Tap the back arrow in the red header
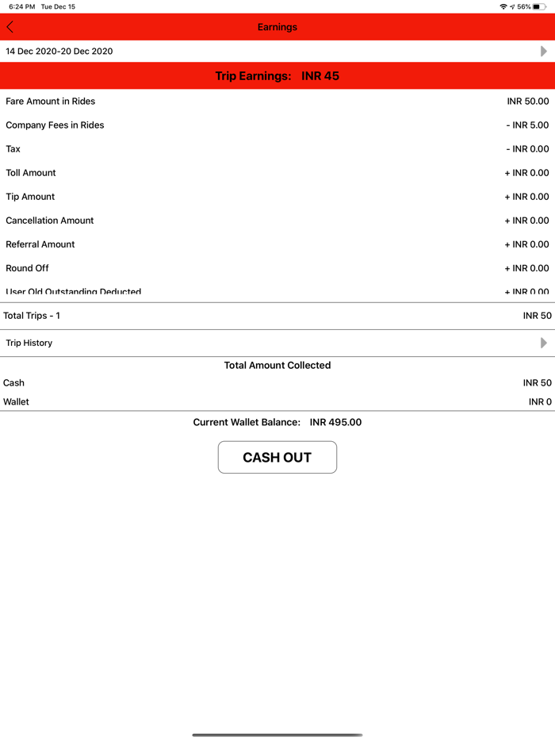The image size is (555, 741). click(x=10, y=27)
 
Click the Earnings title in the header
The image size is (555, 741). click(x=277, y=27)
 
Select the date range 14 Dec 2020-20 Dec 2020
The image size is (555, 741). click(x=59, y=51)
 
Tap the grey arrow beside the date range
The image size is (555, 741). click(x=543, y=51)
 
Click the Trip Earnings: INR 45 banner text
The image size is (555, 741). click(x=277, y=76)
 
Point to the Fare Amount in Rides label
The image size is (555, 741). click(x=51, y=102)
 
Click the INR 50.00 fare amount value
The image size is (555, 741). click(x=527, y=102)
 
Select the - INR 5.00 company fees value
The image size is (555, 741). click(x=527, y=125)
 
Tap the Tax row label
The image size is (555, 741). click(x=13, y=149)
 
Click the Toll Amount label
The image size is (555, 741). click(x=31, y=173)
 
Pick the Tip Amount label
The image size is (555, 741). click(x=30, y=197)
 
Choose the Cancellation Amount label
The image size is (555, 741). click(x=50, y=221)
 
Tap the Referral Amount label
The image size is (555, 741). click(x=40, y=244)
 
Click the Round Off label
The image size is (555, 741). click(x=28, y=268)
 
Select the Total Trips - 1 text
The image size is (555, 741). click(x=32, y=316)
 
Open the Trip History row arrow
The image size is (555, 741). click(x=543, y=343)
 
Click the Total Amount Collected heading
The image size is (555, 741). click(x=277, y=365)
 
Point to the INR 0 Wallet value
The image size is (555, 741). click(x=540, y=402)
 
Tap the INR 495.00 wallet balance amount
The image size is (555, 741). click(x=335, y=422)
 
